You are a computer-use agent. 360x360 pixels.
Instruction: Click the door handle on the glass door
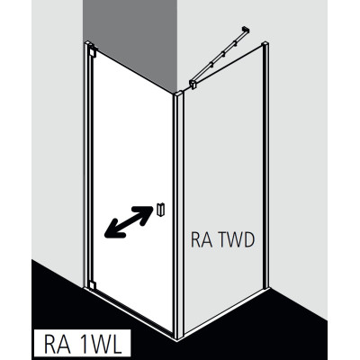click(160, 209)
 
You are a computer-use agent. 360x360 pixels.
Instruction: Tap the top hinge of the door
click(92, 52)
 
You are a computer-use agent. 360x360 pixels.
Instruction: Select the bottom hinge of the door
click(92, 284)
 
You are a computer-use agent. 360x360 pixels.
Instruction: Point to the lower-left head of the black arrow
click(112, 230)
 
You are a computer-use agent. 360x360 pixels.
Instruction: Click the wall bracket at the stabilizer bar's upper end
click(245, 30)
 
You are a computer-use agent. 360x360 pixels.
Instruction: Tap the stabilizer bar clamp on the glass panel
click(193, 84)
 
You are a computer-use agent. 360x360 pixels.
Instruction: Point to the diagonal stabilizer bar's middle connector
click(223, 53)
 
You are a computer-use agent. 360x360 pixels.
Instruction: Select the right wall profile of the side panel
click(265, 165)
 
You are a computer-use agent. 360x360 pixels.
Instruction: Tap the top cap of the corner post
click(178, 94)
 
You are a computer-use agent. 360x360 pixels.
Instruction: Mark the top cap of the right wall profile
click(265, 44)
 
